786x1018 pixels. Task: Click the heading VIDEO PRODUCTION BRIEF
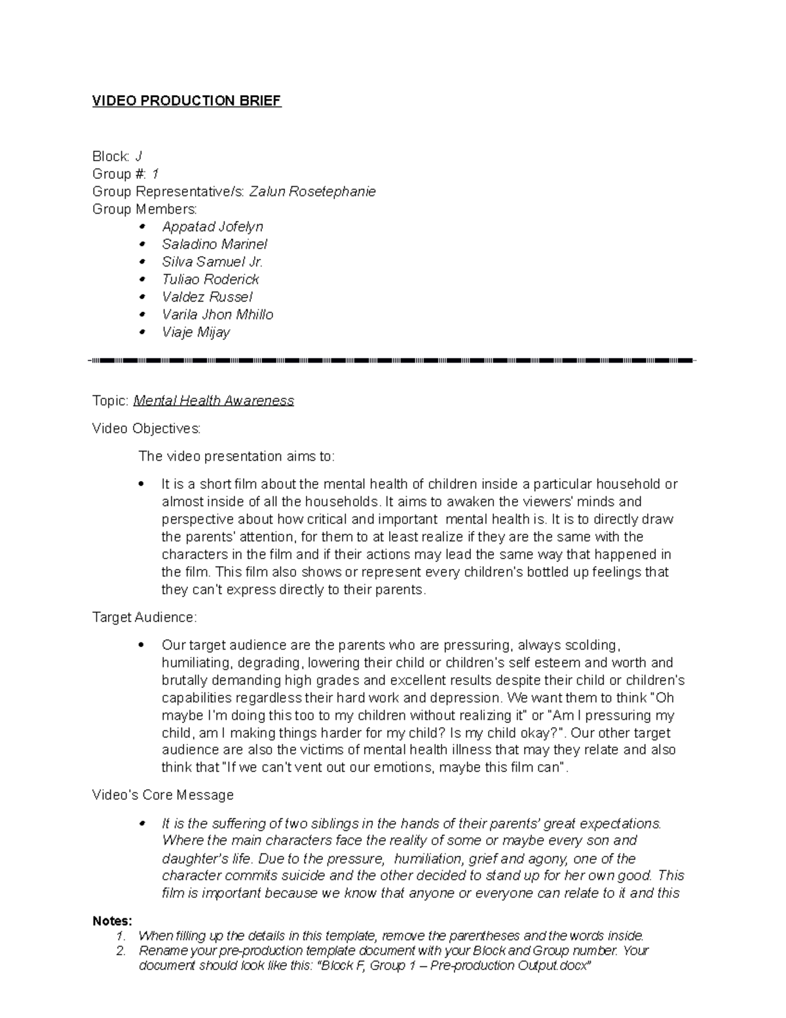coord(187,101)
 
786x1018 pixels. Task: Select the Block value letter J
coord(138,156)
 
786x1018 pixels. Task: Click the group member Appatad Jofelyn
coord(212,227)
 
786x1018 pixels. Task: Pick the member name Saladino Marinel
coord(215,245)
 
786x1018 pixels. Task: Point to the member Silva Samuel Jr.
coord(212,262)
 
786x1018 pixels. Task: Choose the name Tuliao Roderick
coord(210,279)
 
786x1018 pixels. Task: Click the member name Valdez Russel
coord(207,297)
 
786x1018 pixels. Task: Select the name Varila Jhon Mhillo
coord(217,315)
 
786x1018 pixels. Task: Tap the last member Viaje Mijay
coord(196,332)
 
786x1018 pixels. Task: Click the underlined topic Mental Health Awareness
coord(214,401)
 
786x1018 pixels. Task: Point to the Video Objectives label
coord(146,429)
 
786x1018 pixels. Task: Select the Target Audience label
coord(144,617)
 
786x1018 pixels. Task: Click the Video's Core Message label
coord(162,795)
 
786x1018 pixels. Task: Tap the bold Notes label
coord(112,921)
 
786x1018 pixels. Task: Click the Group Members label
coord(144,209)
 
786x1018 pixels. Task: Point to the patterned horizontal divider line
coord(393,361)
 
